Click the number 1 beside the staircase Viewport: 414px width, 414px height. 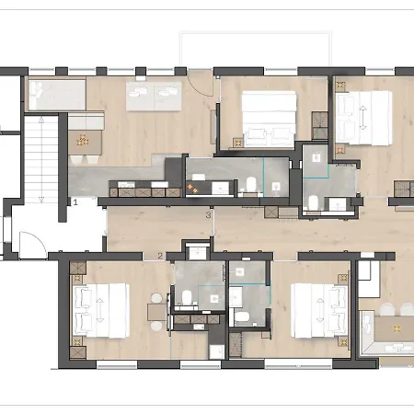75,202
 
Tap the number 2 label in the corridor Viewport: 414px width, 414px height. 160,256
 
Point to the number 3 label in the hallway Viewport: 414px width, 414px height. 208,215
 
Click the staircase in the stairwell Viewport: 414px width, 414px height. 41,159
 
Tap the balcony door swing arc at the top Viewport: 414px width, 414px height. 201,83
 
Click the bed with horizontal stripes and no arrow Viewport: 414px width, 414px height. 269,118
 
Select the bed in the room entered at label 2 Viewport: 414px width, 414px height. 101,310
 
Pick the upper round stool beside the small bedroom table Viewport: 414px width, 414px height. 156,298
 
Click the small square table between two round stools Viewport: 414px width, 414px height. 156,312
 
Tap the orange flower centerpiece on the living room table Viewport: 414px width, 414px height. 83,140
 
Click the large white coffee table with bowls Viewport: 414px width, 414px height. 154,96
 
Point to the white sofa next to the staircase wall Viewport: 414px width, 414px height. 57,95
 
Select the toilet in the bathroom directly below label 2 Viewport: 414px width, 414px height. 187,296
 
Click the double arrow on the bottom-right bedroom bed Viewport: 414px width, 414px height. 320,310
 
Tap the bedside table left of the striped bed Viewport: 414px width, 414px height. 238,143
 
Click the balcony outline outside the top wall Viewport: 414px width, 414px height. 256,49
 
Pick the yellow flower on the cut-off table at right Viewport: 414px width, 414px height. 397,328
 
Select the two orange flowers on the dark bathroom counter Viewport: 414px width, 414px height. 192,189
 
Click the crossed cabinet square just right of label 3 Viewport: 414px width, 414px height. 271,213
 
